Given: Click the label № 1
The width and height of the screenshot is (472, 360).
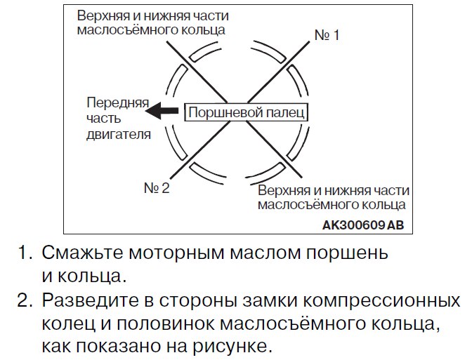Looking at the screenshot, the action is point(327,35).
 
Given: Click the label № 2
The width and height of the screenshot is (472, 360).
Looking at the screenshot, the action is point(157,188).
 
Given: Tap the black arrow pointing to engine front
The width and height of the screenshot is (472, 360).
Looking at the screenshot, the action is point(162,111).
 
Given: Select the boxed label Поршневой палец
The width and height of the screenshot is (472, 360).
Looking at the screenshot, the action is point(246,112).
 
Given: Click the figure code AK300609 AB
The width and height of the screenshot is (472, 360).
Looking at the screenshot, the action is point(363,225).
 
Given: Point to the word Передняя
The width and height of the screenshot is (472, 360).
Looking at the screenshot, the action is point(118,103).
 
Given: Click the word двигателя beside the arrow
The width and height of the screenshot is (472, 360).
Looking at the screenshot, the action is point(119,135).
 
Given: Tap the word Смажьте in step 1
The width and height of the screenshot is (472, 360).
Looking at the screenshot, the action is point(82,253).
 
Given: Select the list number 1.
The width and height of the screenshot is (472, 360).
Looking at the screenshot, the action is point(25,253).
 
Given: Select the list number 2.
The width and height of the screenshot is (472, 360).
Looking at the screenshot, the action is point(24,300).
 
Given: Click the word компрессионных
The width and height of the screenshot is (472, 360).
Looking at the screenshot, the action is point(381,301).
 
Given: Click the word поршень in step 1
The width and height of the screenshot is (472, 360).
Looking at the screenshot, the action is point(347,253).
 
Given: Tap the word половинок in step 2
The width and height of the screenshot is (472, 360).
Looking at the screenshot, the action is point(166,324).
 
